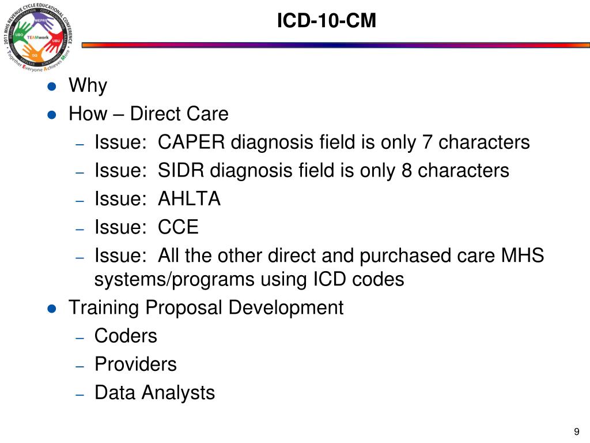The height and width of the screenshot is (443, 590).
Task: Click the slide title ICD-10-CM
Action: click(326, 21)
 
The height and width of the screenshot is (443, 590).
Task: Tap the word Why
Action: click(88, 86)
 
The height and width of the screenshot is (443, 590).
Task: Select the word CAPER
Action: click(191, 142)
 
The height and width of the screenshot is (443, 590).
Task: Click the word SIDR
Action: click(181, 170)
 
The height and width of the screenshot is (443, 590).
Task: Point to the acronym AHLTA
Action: click(190, 198)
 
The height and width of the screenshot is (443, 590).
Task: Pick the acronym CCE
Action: click(179, 227)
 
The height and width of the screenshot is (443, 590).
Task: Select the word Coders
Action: click(126, 336)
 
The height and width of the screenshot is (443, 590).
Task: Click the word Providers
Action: click(135, 364)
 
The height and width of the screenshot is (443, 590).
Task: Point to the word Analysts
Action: click(178, 393)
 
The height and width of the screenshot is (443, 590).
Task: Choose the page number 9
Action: click(576, 432)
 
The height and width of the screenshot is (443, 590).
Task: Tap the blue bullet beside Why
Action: click(52, 87)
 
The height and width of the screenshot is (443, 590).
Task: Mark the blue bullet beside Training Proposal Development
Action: click(52, 308)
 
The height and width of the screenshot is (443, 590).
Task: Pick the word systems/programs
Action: click(175, 280)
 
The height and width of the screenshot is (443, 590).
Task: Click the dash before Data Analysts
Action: click(81, 393)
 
